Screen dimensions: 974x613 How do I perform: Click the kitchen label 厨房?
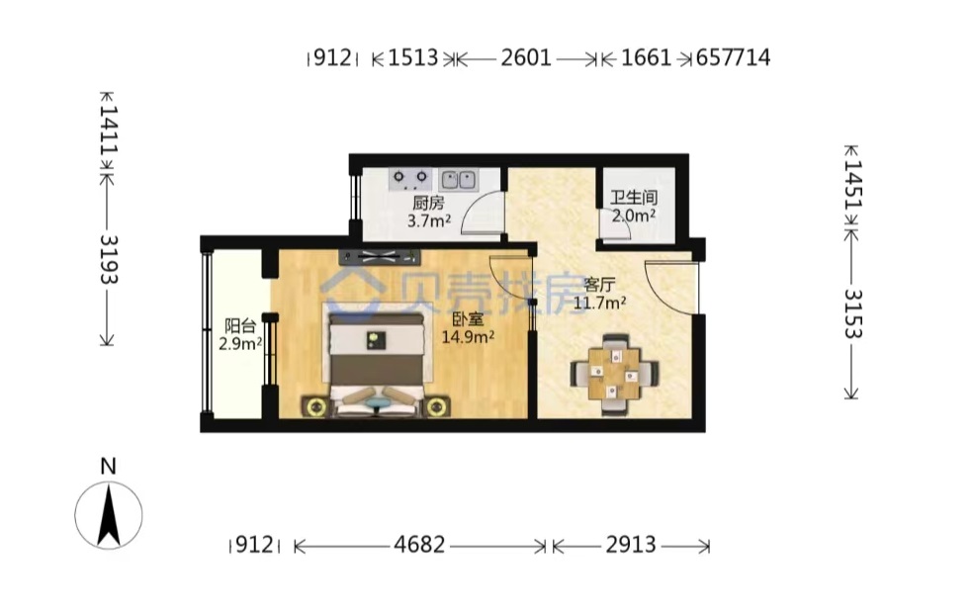coord(428,203)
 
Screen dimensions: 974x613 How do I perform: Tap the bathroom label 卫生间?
coord(634,198)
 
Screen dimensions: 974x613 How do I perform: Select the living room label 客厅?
coord(599,285)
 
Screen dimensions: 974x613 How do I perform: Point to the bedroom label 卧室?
coord(468,320)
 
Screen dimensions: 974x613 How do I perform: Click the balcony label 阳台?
coord(240,326)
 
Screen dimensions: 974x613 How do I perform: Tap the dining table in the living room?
coord(614,374)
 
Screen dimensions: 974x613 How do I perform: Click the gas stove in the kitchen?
coord(410,180)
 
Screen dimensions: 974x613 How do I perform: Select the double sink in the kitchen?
coord(459,180)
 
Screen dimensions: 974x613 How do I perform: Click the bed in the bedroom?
coord(377,365)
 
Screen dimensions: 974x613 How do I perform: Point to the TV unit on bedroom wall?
coord(380,255)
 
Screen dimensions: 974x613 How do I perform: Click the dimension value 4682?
coord(419,545)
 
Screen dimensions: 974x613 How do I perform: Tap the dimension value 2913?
coord(631,545)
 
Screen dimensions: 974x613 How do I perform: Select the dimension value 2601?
coord(526,57)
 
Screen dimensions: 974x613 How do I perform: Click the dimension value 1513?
coord(413,57)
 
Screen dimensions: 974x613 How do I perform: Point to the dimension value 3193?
coord(109,260)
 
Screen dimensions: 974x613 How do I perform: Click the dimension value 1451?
coord(853,185)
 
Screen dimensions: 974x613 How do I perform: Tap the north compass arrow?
coord(109,515)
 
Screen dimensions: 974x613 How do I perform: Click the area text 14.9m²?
coord(468,336)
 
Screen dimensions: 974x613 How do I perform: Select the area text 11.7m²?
coord(599,303)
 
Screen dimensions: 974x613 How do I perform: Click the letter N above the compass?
coord(108,466)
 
